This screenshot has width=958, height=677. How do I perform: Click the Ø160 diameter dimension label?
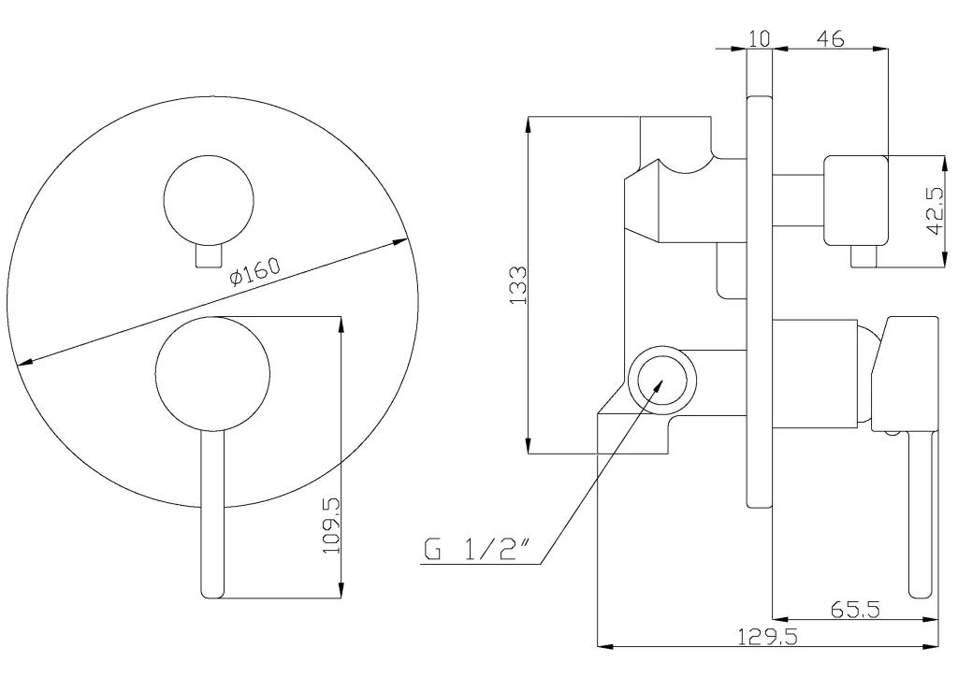254,271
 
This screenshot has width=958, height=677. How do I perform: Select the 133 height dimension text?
518,285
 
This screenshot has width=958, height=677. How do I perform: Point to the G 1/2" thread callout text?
476,550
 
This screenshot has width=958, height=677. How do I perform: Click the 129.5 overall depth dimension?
767,637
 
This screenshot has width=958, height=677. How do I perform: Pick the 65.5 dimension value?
855,609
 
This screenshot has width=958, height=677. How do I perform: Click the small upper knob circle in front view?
209,199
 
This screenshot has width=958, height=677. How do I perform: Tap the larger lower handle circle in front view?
212,373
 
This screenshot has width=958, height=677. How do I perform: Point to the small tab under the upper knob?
209,256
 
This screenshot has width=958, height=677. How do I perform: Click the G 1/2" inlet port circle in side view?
662,380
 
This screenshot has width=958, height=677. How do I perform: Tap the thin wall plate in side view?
760,301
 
